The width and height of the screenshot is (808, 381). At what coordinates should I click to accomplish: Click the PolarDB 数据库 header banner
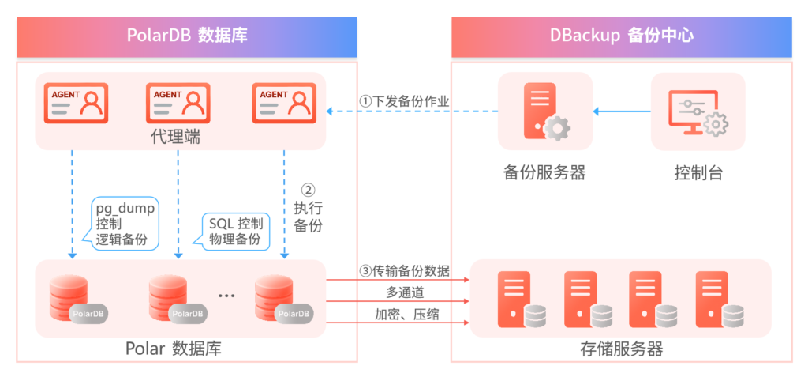[x=187, y=36]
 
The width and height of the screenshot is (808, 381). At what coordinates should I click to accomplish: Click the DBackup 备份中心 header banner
[x=621, y=36]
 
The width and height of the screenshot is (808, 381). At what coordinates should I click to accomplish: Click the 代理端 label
[x=174, y=137]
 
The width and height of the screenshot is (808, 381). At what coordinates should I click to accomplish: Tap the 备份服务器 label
[x=544, y=172]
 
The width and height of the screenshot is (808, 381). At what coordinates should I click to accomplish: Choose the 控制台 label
[x=698, y=172]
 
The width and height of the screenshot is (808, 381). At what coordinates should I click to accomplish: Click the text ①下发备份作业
[x=405, y=101]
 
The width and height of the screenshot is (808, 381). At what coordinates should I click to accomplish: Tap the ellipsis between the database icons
[x=226, y=296]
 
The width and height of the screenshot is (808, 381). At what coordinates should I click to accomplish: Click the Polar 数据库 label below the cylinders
[x=178, y=349]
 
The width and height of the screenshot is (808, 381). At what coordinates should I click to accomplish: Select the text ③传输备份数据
[x=405, y=271]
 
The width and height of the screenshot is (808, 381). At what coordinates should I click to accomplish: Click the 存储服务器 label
[x=621, y=349]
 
